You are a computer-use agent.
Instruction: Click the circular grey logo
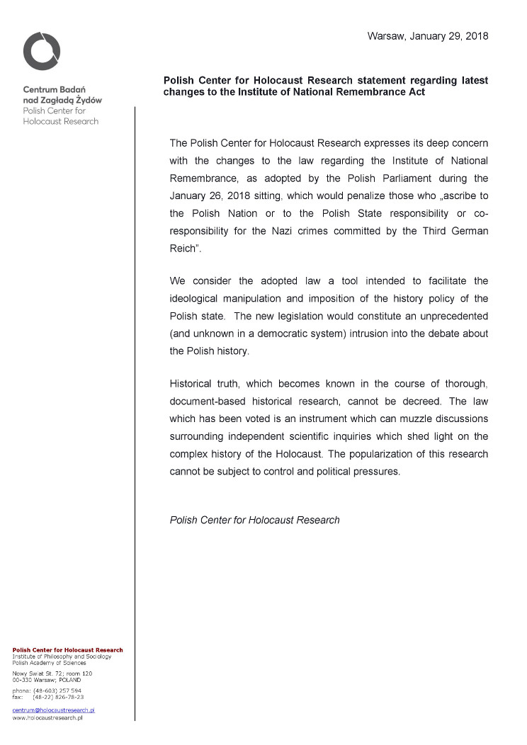tap(42, 51)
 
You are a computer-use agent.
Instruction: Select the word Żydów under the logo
tap(86, 101)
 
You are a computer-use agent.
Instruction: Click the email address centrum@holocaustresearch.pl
tap(54, 709)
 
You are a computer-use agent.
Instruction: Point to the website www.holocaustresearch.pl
tap(47, 717)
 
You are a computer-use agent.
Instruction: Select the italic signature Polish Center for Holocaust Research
tap(255, 520)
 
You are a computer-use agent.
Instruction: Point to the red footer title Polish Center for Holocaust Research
tap(67, 649)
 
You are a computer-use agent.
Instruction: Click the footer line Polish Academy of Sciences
tap(49, 662)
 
